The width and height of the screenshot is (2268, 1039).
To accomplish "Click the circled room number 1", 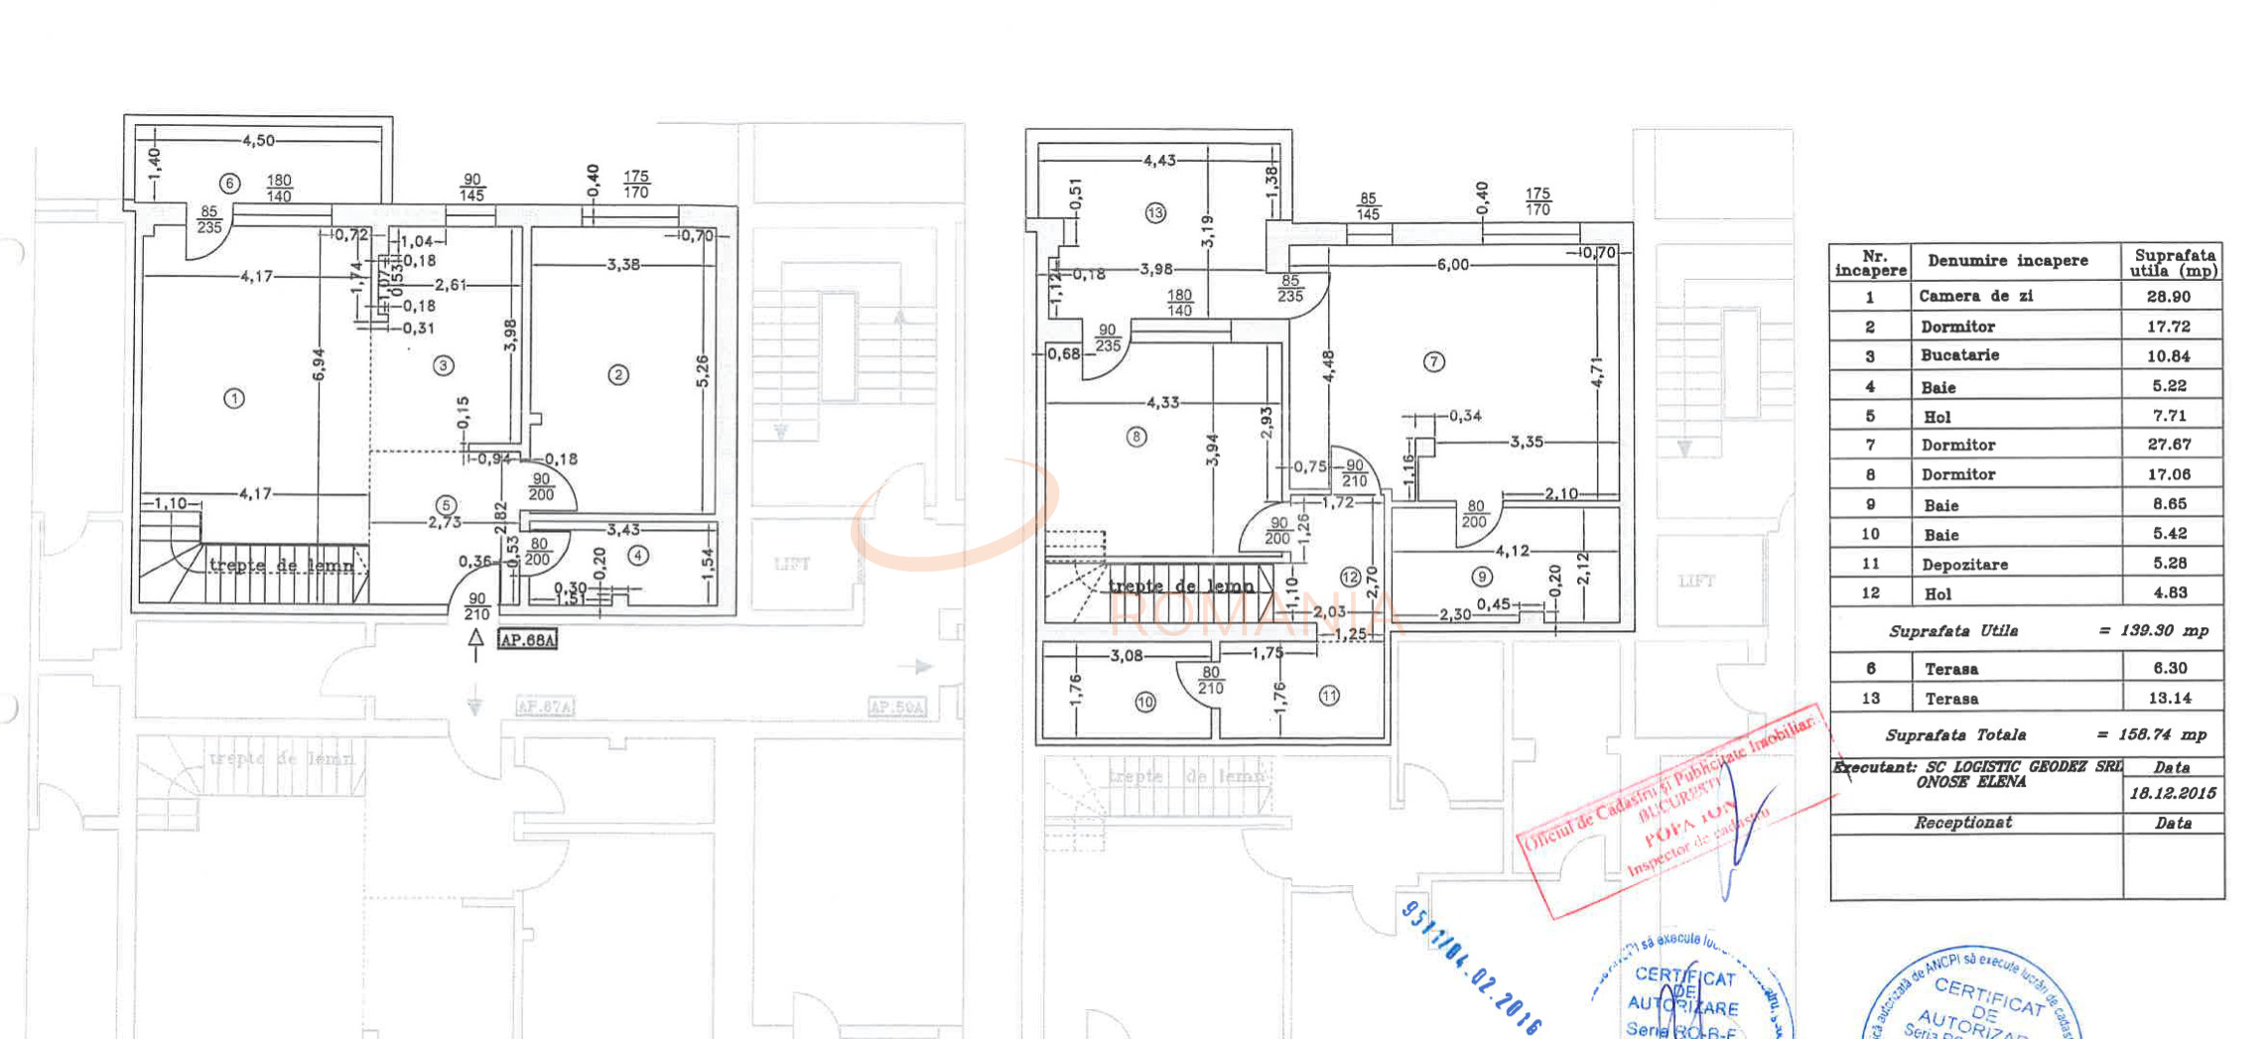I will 234,398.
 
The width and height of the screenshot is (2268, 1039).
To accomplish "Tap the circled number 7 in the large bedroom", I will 1433,362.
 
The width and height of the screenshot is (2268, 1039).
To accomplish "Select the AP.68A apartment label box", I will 527,640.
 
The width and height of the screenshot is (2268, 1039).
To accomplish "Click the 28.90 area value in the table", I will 2168,297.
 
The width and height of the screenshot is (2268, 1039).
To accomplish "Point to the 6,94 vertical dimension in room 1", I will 319,364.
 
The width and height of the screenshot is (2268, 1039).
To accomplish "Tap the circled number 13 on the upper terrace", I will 1155,212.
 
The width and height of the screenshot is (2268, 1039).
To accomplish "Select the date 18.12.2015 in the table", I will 2172,793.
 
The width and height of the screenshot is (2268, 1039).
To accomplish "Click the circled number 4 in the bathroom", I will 638,556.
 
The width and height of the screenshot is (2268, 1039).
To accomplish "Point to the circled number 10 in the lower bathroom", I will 1145,702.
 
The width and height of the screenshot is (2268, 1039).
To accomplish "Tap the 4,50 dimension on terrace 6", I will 258,141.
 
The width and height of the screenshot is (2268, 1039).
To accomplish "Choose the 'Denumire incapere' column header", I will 2007,261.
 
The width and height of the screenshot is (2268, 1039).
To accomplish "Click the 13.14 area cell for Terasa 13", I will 2169,699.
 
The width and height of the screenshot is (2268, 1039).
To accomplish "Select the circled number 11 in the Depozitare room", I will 1329,696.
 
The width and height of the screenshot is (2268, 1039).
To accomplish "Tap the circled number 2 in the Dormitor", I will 618,374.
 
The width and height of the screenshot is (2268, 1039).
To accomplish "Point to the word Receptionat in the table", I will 1962,823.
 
